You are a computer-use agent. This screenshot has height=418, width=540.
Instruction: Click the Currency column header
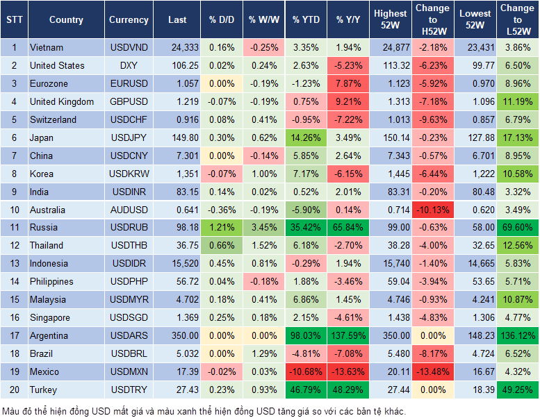[x=129, y=20]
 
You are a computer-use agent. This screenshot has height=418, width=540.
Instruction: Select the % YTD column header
[x=306, y=20]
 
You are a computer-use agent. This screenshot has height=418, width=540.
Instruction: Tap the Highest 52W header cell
[x=390, y=20]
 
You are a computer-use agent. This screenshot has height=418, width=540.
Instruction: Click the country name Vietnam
[x=47, y=48]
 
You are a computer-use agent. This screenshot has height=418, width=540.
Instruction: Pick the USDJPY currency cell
[x=129, y=138]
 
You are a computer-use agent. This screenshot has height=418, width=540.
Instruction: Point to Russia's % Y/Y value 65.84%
[x=349, y=228]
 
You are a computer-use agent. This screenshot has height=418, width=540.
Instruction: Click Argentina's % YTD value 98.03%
[x=306, y=336]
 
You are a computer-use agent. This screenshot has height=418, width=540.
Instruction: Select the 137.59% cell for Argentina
[x=349, y=336]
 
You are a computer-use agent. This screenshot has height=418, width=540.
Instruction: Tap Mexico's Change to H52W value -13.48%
[x=432, y=372]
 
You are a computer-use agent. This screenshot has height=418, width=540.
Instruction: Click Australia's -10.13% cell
[x=432, y=210]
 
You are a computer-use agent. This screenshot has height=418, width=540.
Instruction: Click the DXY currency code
[x=129, y=66]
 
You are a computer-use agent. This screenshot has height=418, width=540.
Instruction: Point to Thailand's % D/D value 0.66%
[x=221, y=246]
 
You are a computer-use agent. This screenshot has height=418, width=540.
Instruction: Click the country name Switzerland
[x=53, y=120]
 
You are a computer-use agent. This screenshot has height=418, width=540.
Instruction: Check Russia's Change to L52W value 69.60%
[x=517, y=228]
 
